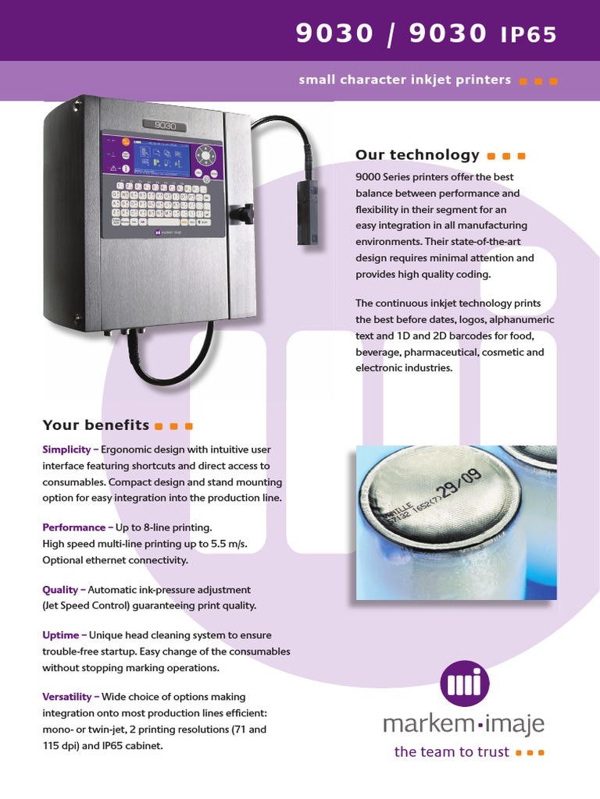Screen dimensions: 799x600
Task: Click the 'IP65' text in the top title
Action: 529,35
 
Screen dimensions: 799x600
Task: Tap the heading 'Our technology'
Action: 417,155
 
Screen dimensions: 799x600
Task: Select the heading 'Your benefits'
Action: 95,425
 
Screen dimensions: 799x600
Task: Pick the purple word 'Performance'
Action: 73,527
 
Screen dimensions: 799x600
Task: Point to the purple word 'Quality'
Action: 60,590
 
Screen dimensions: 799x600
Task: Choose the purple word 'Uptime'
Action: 60,636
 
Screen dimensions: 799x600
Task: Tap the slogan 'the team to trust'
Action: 452,752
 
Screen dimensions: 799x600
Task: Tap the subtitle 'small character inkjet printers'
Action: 405,80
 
